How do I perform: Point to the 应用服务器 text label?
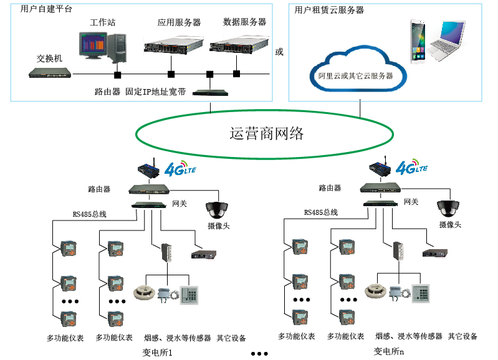(180, 22)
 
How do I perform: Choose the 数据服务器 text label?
(244, 22)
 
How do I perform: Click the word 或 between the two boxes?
(279, 52)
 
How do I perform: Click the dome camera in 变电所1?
(218, 209)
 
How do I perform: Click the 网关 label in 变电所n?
(411, 202)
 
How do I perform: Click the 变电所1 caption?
(157, 353)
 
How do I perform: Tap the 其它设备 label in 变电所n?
(462, 336)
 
